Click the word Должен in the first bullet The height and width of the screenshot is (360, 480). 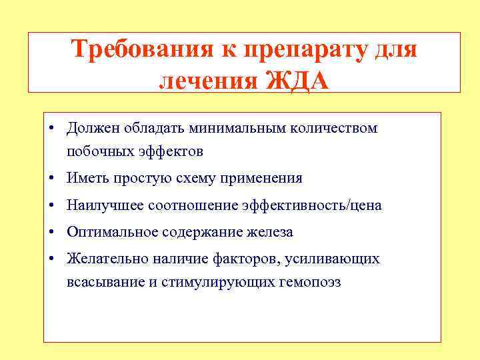(x=89, y=127)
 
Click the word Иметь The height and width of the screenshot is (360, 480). (x=85, y=179)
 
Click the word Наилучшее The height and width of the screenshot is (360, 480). (x=100, y=205)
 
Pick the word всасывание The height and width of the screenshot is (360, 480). (x=105, y=282)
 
